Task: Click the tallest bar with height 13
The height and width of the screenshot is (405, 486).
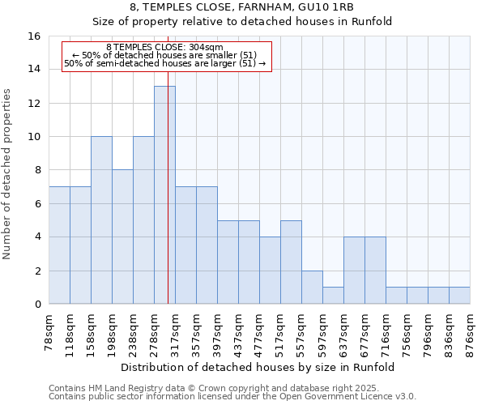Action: [164, 195]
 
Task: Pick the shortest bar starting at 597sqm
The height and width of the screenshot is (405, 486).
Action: [333, 296]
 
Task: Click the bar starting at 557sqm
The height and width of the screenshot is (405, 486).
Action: [312, 288]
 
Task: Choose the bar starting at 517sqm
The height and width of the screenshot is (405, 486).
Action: [291, 262]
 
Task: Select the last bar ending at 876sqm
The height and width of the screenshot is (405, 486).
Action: [459, 296]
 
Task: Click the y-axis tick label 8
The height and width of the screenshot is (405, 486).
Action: [37, 170]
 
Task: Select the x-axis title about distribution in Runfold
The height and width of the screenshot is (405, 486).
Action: [259, 367]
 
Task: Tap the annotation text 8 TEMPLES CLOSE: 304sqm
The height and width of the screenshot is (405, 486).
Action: [164, 48]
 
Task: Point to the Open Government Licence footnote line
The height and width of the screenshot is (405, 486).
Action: [232, 397]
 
